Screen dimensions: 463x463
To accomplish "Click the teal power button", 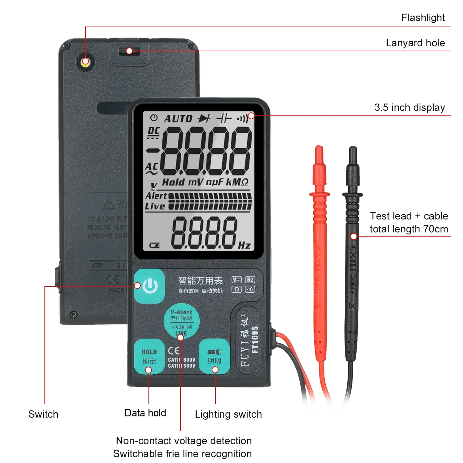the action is point(150,286).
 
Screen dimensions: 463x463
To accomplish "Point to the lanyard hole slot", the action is point(129,51).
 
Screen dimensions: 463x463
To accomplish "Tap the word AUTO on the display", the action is point(178,119).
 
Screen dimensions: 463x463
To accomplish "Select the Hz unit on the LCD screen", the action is point(244,245).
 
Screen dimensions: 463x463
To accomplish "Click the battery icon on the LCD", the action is point(154,245).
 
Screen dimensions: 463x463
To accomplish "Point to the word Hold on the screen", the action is point(173,182).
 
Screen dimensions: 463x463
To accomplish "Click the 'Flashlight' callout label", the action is point(423,18).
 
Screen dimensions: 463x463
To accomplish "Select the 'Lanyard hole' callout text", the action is point(415,43).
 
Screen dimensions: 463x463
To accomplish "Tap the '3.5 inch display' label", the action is point(410,107).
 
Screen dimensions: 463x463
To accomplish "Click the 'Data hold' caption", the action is point(145,413).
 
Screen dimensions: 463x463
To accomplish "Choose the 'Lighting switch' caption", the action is point(228,414).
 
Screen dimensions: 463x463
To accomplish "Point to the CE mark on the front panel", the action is point(174,351).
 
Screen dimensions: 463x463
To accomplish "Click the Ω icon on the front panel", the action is point(236,289).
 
